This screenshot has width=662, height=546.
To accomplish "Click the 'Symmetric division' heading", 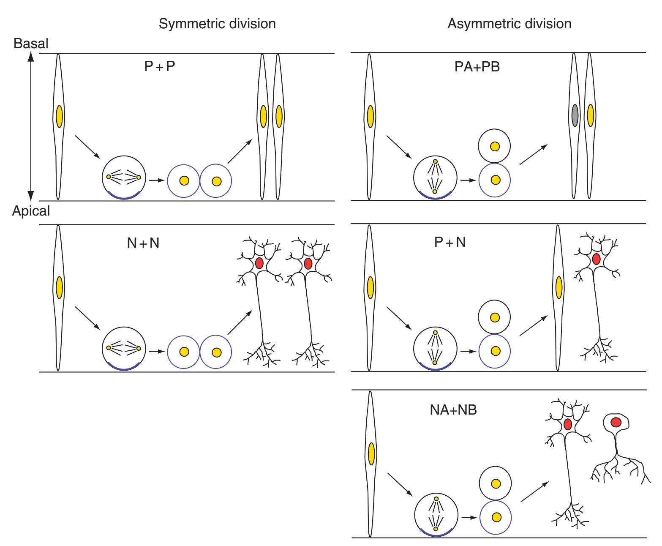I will pos(217,24).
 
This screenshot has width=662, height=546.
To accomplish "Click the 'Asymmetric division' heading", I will pos(509,24).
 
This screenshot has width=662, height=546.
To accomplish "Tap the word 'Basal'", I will pos(31,44).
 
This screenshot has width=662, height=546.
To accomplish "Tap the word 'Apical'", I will pos(31,211).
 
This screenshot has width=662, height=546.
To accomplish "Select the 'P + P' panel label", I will pos(159,67).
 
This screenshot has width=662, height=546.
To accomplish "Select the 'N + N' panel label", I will pos(143,243).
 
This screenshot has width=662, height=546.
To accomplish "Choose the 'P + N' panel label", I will pos(450,243).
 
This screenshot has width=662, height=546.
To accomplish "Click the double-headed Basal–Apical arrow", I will pos(30,127).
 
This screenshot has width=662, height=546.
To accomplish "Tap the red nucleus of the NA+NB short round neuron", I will pos(616,422).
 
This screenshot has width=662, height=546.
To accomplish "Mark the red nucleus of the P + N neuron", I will pos(596,259).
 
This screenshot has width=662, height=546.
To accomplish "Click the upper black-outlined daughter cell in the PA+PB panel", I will pos(495,147).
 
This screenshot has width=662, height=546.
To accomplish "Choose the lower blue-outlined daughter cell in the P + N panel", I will pos(495,351).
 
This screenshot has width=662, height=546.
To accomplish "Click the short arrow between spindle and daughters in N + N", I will pos(157,351).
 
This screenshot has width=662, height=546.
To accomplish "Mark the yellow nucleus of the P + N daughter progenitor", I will pos(558,287).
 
